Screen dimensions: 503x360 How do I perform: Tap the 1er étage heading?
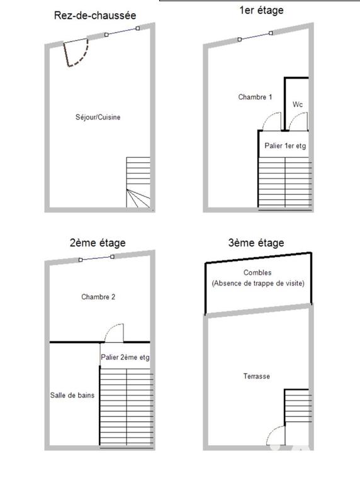tap(261, 10)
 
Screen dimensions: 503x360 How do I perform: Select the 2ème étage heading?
tap(98, 243)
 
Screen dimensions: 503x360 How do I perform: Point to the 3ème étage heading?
tap(256, 243)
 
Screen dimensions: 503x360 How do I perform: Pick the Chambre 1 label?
tap(255, 97)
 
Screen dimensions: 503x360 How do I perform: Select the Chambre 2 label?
tap(98, 296)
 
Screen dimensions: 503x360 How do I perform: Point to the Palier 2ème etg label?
tap(125, 357)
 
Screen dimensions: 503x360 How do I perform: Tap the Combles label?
tap(258, 273)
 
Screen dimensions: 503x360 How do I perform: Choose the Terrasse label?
tap(257, 376)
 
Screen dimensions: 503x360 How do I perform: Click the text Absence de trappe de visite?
tap(258, 284)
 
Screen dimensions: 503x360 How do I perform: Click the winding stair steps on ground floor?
tap(138, 199)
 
